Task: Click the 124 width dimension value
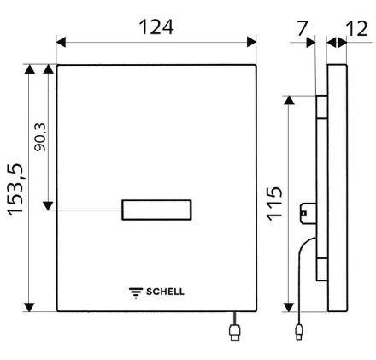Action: pos(156,27)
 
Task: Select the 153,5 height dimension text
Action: pos(15,190)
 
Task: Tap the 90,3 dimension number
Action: pos(39,137)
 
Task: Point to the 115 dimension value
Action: pos(274,204)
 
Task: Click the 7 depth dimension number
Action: pos(302,28)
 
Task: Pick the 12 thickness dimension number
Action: pos(356,29)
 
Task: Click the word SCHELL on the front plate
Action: pos(165,292)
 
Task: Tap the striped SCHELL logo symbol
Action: pos(136,293)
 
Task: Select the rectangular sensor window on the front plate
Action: pos(156,210)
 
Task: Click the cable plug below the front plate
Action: pos(235,333)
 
